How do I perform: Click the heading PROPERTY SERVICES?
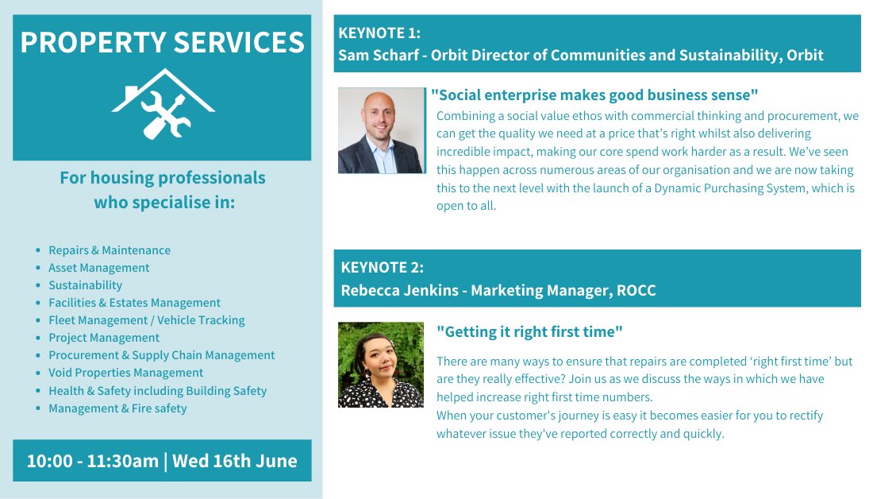pos(162,42)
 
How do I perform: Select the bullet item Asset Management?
pos(98,268)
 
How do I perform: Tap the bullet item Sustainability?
pos(85,285)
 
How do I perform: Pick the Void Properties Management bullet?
pos(125,373)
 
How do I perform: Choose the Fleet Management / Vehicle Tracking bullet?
pos(146,320)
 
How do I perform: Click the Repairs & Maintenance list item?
pos(109,250)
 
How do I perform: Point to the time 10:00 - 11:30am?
pos(92,461)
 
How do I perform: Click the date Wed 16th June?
pos(235,461)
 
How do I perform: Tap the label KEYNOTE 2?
pos(382,267)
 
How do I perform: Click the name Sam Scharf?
pos(376,55)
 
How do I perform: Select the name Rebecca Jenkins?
pos(399,290)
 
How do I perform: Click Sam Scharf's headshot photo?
pos(381,130)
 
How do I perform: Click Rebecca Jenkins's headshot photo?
pos(381,365)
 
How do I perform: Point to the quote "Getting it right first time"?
pos(529,331)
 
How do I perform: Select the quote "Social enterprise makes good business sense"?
pos(594,95)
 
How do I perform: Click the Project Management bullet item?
pos(103,338)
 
